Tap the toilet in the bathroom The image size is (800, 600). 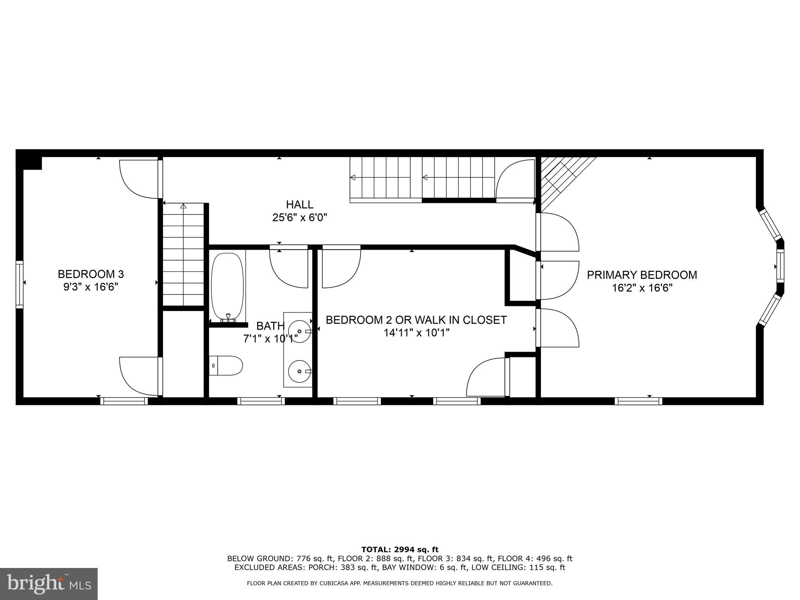pyautogui.click(x=227, y=366)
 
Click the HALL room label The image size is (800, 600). pyautogui.click(x=300, y=204)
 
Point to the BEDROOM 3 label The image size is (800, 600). pyautogui.click(x=91, y=274)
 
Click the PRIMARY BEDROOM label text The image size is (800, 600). pyautogui.click(x=642, y=275)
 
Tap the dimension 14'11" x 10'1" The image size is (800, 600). pyautogui.click(x=417, y=333)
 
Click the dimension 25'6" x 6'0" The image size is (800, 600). pyautogui.click(x=300, y=217)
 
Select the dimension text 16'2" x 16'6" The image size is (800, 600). pyautogui.click(x=642, y=288)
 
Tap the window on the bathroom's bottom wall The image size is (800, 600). pyautogui.click(x=261, y=401)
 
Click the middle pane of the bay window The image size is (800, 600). pyautogui.click(x=780, y=267)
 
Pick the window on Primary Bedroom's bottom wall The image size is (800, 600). pyautogui.click(x=638, y=401)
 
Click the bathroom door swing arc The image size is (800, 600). pyautogui.click(x=289, y=270)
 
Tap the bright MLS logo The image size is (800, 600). pyautogui.click(x=49, y=584)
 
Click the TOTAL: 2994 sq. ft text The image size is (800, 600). pyautogui.click(x=400, y=550)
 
